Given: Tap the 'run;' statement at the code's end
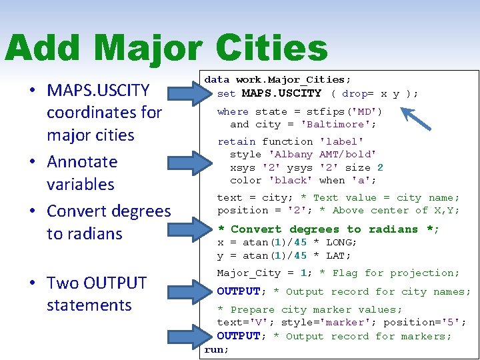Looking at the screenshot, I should [217, 349].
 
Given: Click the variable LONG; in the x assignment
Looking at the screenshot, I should [342, 242].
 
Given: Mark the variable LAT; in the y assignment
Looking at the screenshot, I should [339, 255].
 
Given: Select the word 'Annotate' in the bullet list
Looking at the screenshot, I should [81, 162].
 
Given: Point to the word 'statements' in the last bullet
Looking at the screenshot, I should [89, 305].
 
